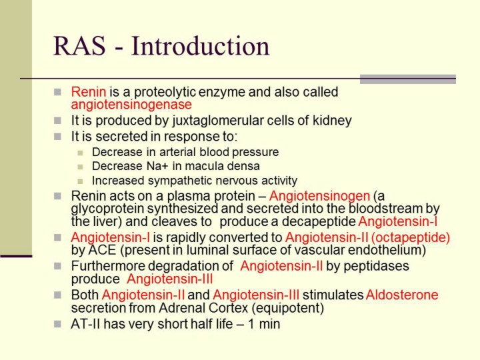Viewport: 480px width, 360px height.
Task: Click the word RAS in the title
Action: (x=79, y=46)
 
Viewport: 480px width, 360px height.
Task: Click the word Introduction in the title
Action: (x=201, y=46)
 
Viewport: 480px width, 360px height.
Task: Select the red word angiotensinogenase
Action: (x=131, y=105)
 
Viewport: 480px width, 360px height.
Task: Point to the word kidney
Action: (x=332, y=120)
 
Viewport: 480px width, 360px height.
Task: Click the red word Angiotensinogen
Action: (x=319, y=195)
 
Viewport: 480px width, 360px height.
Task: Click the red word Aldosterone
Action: (x=402, y=295)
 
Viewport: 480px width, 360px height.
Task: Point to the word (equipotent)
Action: (x=288, y=308)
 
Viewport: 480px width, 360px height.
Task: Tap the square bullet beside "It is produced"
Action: (x=57, y=121)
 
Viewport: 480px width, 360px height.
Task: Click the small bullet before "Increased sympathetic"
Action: (x=80, y=181)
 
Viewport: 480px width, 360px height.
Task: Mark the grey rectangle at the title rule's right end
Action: (x=408, y=79)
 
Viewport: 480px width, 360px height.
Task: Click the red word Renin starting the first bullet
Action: (x=89, y=92)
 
